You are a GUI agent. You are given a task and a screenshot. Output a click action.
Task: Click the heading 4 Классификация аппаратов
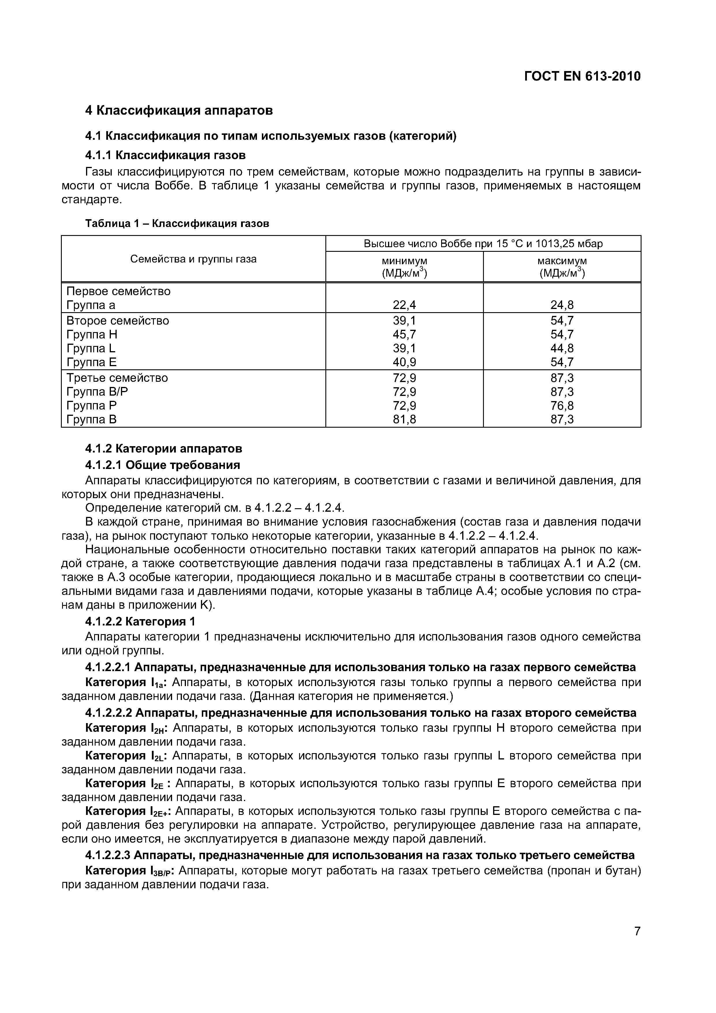point(179,110)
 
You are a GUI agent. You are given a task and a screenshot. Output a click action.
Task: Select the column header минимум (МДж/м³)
point(404,267)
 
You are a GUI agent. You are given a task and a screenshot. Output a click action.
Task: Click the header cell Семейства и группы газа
point(193,259)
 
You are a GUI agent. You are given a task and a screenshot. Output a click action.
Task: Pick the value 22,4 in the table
point(404,305)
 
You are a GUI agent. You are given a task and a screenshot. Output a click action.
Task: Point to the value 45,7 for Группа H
point(404,334)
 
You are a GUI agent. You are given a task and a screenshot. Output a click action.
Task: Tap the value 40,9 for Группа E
point(404,362)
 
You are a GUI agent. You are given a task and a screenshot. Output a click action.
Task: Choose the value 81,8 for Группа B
point(404,419)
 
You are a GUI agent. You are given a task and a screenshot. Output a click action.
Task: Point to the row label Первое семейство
point(118,291)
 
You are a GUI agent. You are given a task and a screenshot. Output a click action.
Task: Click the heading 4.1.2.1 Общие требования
point(162,465)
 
